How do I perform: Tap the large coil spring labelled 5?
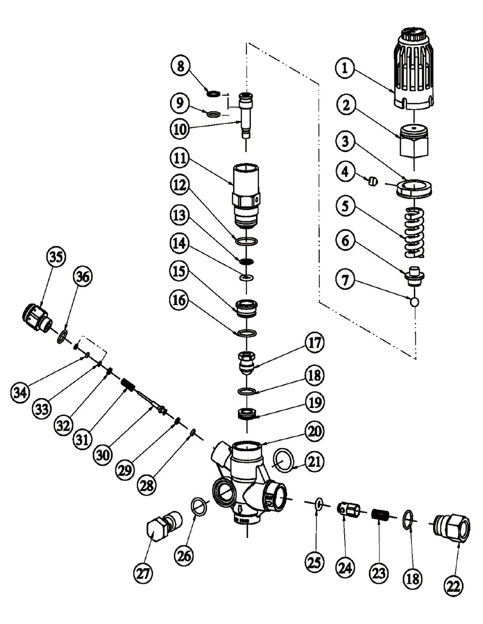[x=413, y=233]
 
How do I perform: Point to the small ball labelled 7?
[x=414, y=301]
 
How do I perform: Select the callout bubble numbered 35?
[x=56, y=257]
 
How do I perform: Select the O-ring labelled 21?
[x=284, y=460]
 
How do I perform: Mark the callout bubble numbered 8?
[x=180, y=66]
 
